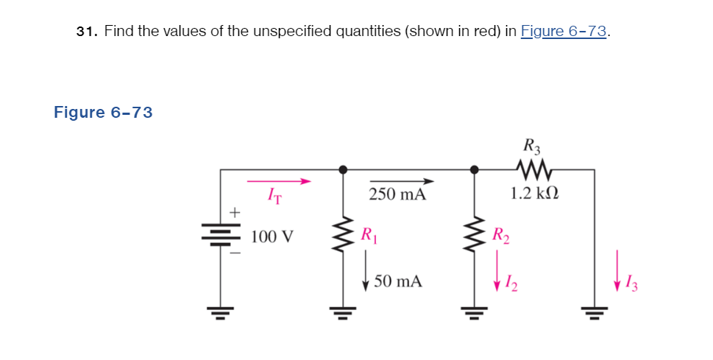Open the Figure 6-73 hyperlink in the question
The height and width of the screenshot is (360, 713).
pos(564,32)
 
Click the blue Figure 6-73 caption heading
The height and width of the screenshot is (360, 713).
pos(103,113)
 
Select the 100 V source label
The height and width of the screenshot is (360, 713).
pos(272,237)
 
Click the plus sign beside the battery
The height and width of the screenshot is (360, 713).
pos(234,213)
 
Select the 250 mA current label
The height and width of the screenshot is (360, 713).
pos(397,195)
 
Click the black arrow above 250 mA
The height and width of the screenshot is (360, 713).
pos(401,181)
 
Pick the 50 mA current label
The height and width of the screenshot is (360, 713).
pos(398,281)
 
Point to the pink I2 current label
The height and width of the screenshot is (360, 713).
pos(508,281)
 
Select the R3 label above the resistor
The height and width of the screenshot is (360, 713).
pos(529,145)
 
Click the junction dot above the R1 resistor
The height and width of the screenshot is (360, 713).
pos(342,169)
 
